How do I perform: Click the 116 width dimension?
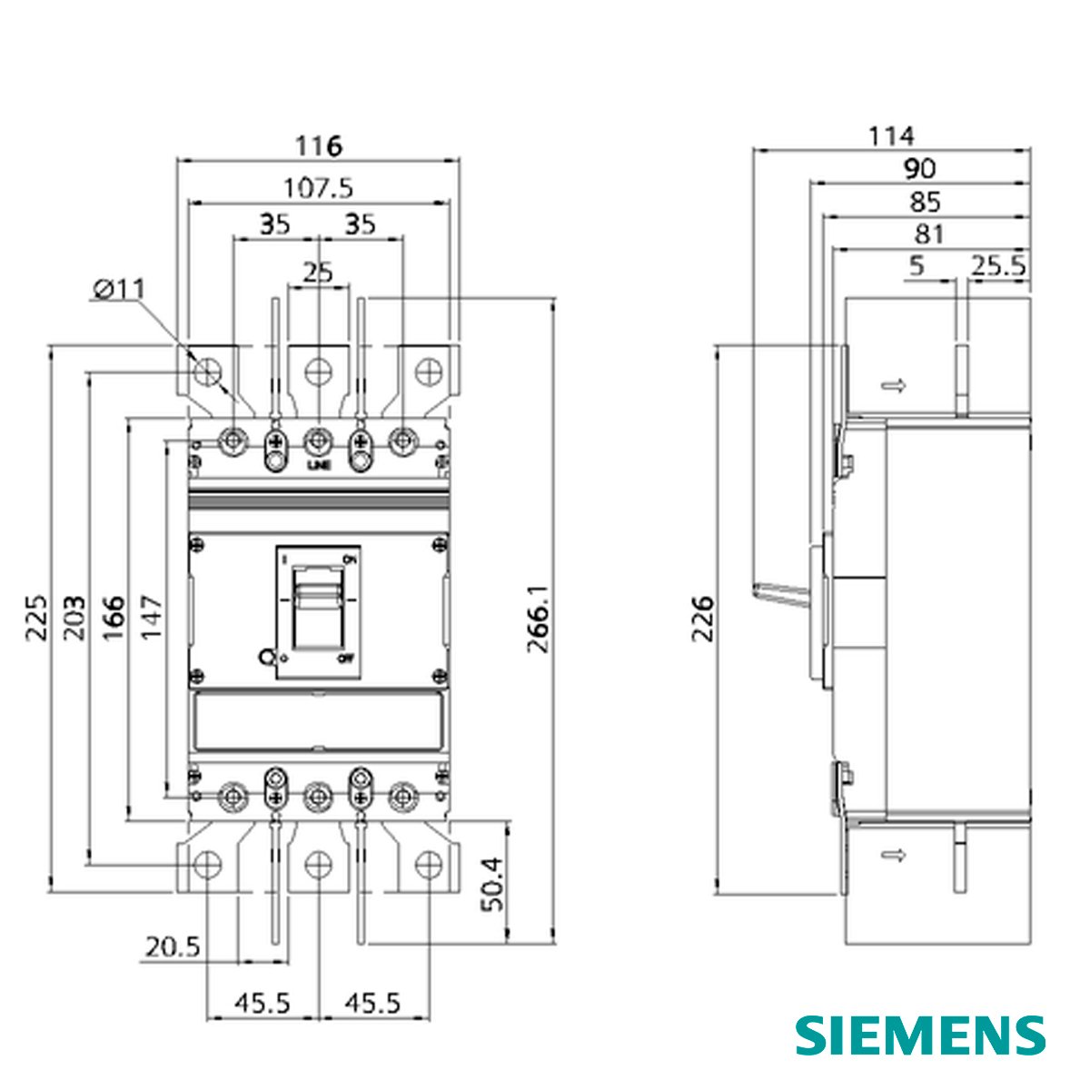click(318, 145)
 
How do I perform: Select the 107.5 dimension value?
click(318, 188)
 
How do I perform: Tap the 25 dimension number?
click(318, 272)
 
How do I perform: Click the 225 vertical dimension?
click(36, 618)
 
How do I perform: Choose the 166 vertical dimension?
click(113, 618)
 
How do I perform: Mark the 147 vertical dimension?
click(151, 618)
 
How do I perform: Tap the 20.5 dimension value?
click(172, 947)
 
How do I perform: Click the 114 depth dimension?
click(891, 136)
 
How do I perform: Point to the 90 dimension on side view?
click(918, 169)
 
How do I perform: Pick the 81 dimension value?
click(928, 234)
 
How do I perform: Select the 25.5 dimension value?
click(998, 266)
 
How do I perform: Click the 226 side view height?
click(702, 619)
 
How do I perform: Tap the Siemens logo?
click(921, 1035)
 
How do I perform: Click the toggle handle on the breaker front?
click(318, 599)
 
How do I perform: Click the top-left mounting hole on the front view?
click(208, 371)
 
